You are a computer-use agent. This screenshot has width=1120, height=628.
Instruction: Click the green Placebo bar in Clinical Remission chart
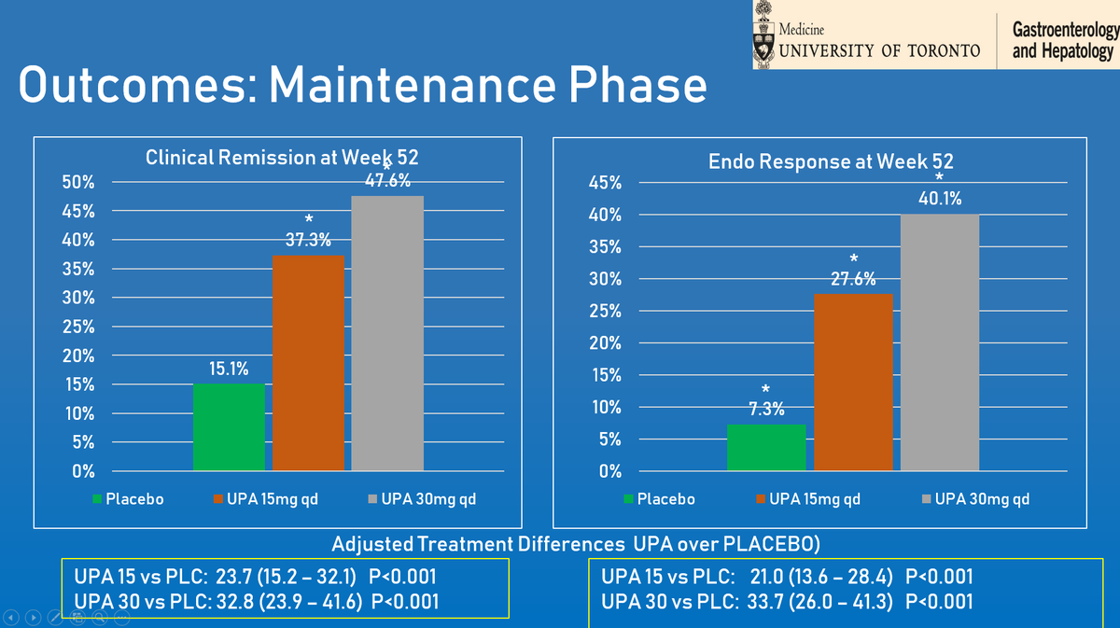pyautogui.click(x=229, y=426)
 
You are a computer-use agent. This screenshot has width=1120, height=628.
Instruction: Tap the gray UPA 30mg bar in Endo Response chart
pyautogui.click(x=939, y=342)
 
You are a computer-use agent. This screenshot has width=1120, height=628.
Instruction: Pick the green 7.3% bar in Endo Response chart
pyautogui.click(x=766, y=447)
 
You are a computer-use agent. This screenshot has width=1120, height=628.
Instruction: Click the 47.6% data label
pyautogui.click(x=387, y=181)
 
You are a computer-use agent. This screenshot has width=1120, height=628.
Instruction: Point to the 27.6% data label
pyautogui.click(x=853, y=279)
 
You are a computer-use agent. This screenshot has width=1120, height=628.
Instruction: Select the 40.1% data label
pyautogui.click(x=939, y=199)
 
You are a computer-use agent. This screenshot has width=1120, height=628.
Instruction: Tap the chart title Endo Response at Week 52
pyautogui.click(x=831, y=161)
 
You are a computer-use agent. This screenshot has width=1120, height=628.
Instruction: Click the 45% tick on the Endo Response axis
pyautogui.click(x=606, y=183)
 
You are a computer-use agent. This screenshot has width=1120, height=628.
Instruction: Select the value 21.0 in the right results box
pyautogui.click(x=768, y=577)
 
